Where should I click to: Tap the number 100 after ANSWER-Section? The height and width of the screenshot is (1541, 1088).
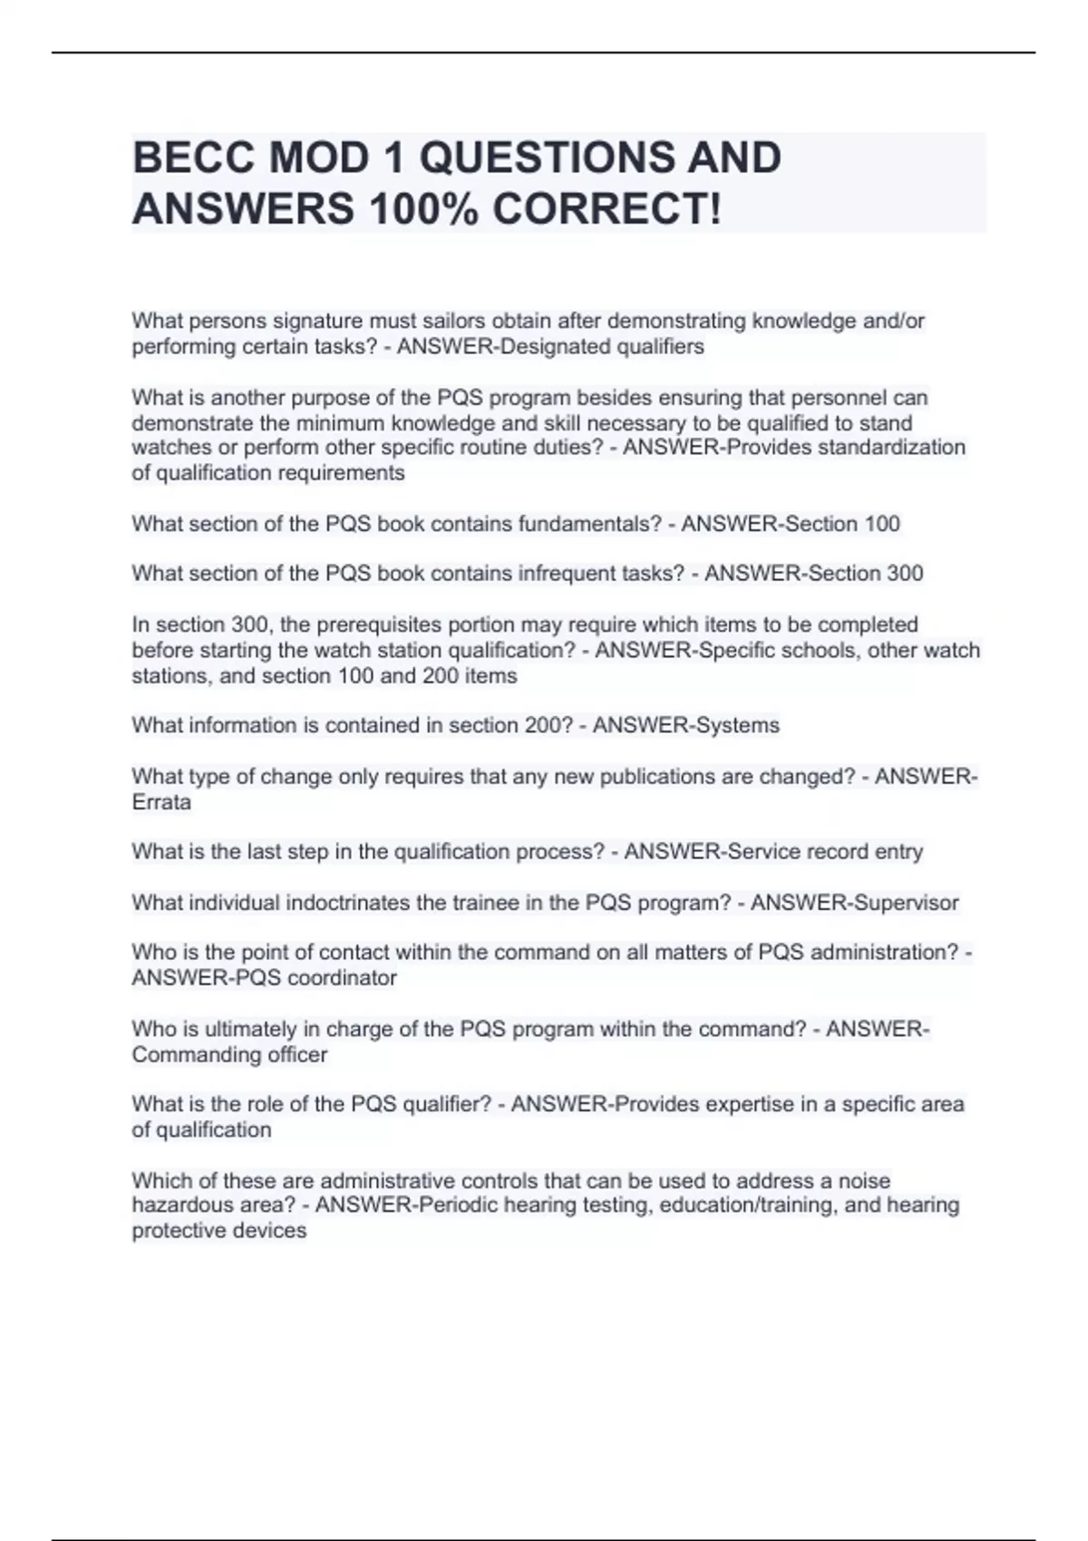882,524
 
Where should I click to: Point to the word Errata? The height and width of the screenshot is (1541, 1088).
161,802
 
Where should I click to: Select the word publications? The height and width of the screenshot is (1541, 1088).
632,777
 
